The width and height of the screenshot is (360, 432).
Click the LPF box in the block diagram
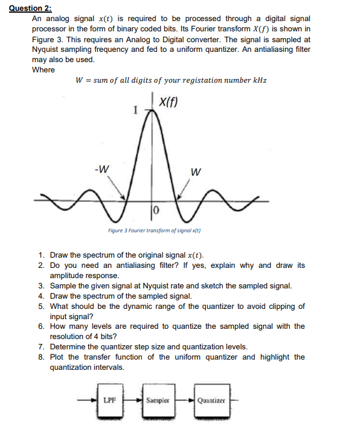point(110,399)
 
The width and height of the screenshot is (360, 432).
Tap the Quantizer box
point(211,399)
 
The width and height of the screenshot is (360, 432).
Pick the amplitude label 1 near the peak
point(136,111)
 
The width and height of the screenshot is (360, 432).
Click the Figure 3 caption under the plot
point(154,230)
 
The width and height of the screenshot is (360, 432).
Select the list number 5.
point(40,306)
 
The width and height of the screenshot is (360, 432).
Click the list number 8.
point(40,357)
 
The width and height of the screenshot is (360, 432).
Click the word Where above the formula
point(43,69)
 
